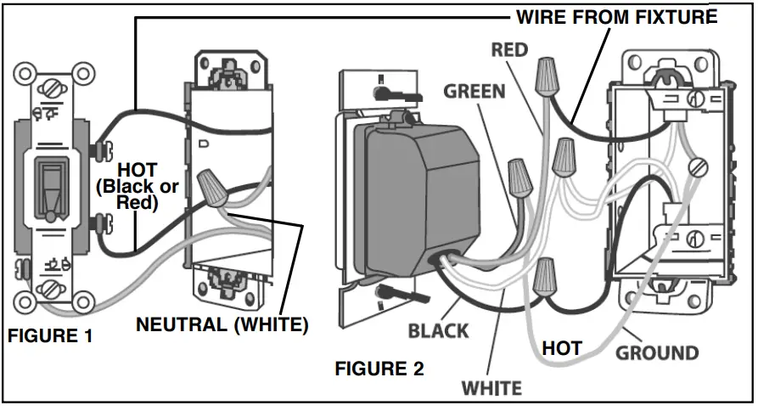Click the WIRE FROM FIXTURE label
coord(617,17)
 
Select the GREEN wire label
coord(474,91)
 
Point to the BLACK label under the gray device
coord(438,330)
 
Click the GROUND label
coord(657,352)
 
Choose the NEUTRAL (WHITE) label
coord(222,324)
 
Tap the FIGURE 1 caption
coord(50,336)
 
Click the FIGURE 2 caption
coord(379,369)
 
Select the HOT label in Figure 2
coord(562,348)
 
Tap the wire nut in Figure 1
coord(211,189)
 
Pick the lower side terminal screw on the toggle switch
coord(104,226)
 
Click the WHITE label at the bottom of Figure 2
coord(491,388)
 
